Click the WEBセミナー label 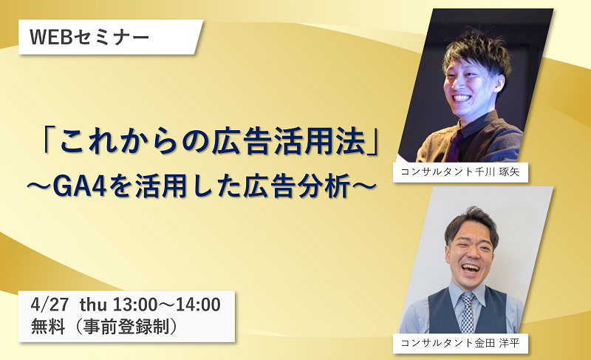[x=89, y=37]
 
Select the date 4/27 [x=49, y=305]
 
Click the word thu [x=93, y=305]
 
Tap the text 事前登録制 [x=126, y=327]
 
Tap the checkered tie [x=468, y=313]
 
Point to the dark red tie [x=455, y=146]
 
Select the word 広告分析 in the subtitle [x=297, y=187]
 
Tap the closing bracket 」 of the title [x=372, y=144]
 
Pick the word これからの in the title [x=133, y=143]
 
